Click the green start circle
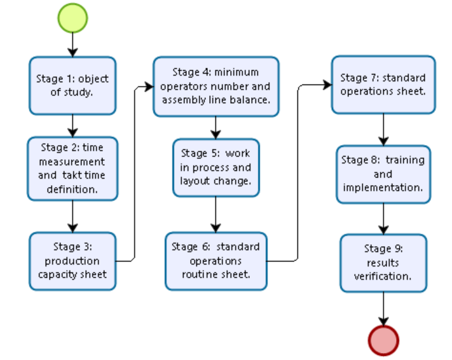click(72, 17)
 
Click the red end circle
click(383, 340)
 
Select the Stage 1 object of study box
click(72, 85)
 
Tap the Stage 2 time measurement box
click(72, 168)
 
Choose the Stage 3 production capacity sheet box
click(72, 261)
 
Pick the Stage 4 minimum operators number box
click(216, 87)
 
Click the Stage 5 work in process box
click(216, 167)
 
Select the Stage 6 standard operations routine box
click(216, 261)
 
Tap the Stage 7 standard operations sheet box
click(383, 85)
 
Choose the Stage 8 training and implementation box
click(383, 174)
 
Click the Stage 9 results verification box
click(383, 263)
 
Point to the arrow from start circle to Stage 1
click(72, 44)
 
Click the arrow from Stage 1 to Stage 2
click(72, 125)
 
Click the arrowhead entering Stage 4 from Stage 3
click(149, 87)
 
